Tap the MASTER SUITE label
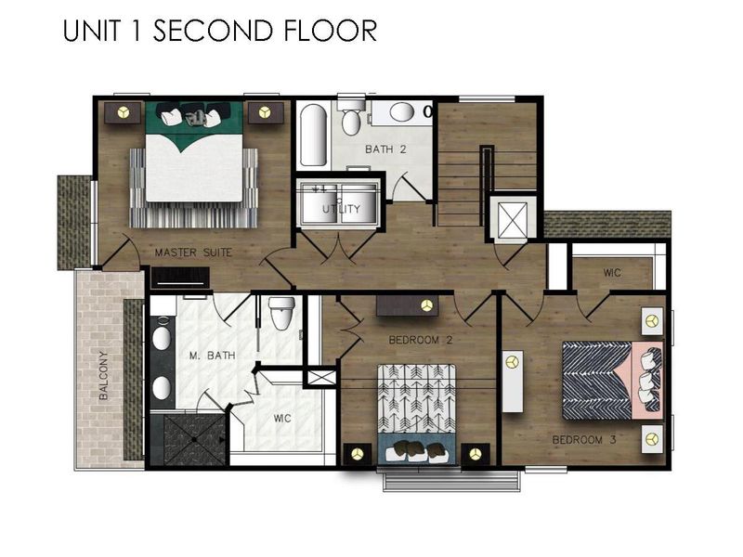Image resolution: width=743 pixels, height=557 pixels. (193, 252)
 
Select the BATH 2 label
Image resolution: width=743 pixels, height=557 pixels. (385, 149)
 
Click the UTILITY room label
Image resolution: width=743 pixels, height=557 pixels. (341, 209)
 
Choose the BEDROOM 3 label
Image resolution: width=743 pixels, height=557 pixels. (584, 439)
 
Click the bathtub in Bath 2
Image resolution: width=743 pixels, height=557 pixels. (312, 136)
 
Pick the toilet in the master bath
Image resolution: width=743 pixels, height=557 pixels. (280, 314)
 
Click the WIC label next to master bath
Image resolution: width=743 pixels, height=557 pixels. (282, 419)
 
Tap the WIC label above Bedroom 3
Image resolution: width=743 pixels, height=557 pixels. (612, 273)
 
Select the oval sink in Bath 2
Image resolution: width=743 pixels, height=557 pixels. (402, 112)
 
